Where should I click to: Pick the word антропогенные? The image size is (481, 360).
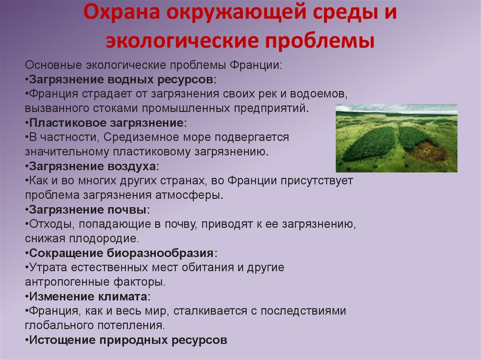tap(62, 283)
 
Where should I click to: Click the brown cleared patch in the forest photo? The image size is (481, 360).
tap(428, 151)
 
